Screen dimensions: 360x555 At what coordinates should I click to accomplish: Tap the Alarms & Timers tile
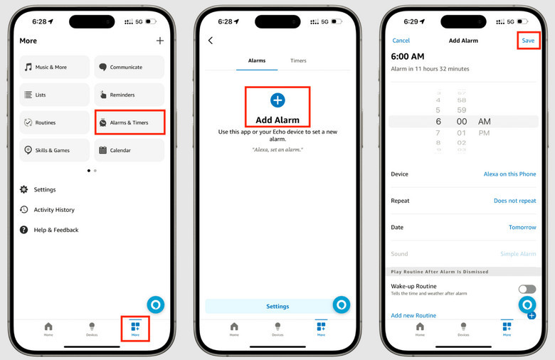tap(129, 122)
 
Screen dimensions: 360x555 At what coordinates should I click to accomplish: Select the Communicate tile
tap(129, 67)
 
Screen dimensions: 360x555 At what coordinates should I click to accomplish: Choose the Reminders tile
tap(129, 95)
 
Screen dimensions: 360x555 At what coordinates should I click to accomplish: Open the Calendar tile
tap(129, 150)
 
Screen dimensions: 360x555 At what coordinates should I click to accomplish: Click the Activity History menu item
tap(53, 210)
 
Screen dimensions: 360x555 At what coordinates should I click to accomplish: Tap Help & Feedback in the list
tap(55, 230)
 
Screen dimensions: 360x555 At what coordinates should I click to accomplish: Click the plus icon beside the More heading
tap(160, 41)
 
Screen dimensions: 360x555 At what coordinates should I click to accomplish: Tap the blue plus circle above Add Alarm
tap(277, 100)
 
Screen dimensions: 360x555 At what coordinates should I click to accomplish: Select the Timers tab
tap(298, 60)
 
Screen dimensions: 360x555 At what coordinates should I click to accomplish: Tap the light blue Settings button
tap(277, 306)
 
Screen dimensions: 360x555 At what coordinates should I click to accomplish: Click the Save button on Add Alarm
tap(528, 41)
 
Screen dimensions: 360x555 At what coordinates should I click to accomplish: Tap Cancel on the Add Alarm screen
tap(401, 41)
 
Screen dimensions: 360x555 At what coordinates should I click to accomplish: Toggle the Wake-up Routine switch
tap(527, 289)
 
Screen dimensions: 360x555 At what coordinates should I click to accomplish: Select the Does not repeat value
tap(514, 201)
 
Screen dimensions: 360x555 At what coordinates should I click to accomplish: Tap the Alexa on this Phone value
tap(509, 174)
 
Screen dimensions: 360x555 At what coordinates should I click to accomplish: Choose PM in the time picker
tap(485, 133)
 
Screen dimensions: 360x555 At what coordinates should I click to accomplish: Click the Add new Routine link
tap(413, 315)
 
